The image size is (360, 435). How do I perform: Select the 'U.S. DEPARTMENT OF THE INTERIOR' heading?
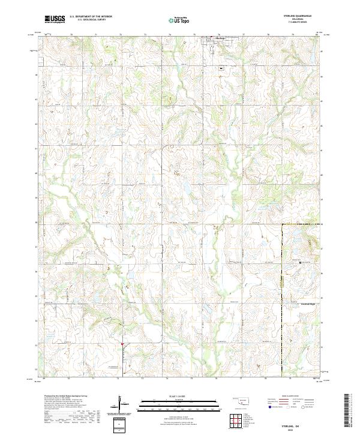(x=90, y=17)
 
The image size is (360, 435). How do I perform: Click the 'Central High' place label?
(x=307, y=304)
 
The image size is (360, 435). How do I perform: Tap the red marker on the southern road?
(x=122, y=344)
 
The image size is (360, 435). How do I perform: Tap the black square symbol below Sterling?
(x=221, y=69)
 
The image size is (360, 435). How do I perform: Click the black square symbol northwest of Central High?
(x=301, y=262)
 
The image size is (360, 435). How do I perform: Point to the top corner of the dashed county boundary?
(x=283, y=224)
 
